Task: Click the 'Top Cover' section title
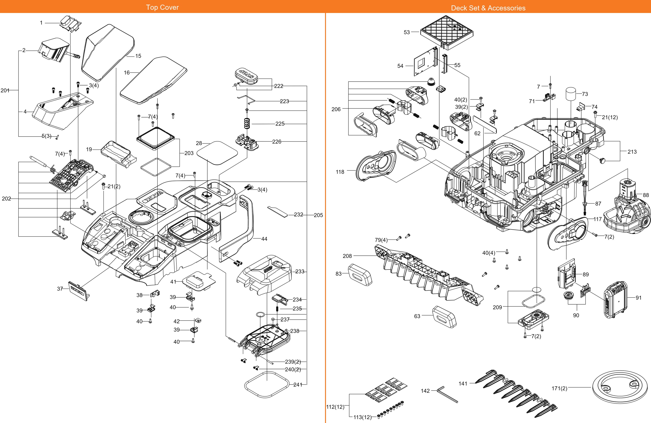[162, 7]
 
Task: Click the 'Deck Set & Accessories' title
[488, 8]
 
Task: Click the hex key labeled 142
[447, 394]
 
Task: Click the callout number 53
[407, 32]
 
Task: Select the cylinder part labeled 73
[571, 94]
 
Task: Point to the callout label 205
[318, 215]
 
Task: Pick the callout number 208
[347, 256]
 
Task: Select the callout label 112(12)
[335, 407]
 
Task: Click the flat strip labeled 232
[278, 212]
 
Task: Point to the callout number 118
[340, 172]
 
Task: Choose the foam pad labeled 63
[444, 317]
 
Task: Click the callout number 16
[127, 73]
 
